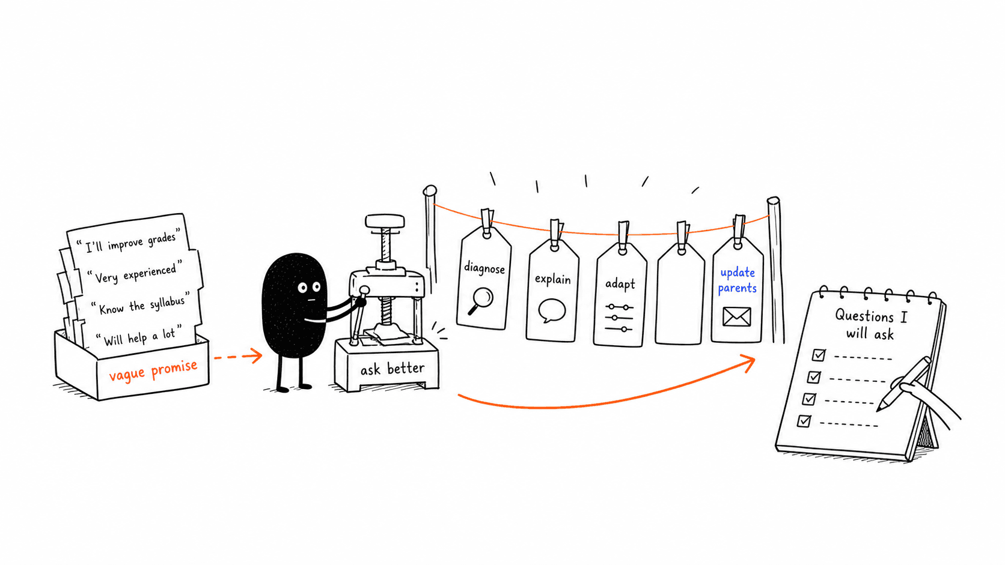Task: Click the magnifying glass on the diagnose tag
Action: (x=480, y=301)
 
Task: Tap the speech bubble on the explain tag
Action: (x=551, y=310)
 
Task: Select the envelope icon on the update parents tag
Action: (x=737, y=317)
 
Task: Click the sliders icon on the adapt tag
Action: (x=619, y=318)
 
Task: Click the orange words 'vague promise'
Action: (x=153, y=370)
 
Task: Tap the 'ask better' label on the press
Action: (x=392, y=369)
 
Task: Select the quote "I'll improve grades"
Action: (x=129, y=241)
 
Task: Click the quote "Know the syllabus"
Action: (x=141, y=304)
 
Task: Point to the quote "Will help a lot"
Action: (x=139, y=336)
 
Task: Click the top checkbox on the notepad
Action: (x=818, y=355)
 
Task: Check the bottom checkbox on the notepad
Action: (x=804, y=421)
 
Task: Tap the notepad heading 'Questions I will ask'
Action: (x=870, y=324)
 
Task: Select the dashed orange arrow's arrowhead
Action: (x=255, y=356)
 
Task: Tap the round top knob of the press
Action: (x=385, y=221)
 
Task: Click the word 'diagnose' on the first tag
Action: (x=484, y=268)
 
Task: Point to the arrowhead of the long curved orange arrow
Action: (x=748, y=363)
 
